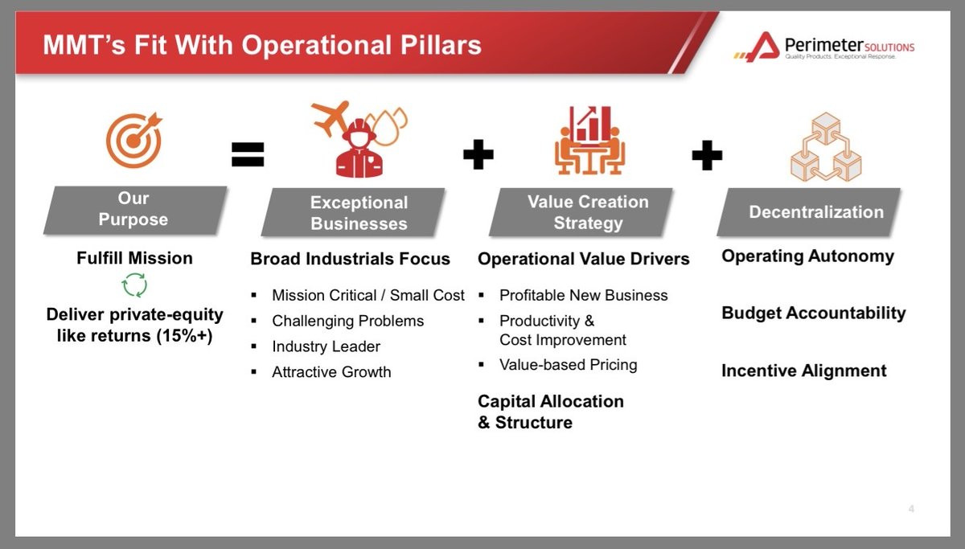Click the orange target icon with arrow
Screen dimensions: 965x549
click(x=134, y=140)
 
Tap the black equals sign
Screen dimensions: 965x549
click(x=248, y=154)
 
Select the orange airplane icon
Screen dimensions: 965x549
click(x=331, y=118)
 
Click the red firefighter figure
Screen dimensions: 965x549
click(x=359, y=149)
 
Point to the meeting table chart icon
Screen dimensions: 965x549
click(x=589, y=141)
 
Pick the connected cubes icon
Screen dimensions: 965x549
click(x=826, y=147)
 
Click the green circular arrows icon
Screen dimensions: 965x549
click(x=134, y=285)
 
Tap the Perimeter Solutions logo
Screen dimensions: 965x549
click(x=823, y=47)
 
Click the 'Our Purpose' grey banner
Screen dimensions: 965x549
click(x=135, y=210)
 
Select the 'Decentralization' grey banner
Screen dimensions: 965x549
click(x=809, y=212)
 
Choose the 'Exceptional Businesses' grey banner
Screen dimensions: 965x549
click(x=353, y=212)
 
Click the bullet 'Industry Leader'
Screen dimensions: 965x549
click(x=326, y=346)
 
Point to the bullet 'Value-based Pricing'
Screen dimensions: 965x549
click(x=569, y=365)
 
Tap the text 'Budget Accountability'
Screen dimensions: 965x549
click(x=813, y=313)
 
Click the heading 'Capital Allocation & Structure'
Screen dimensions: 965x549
click(x=551, y=412)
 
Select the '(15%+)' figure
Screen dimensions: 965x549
click(x=184, y=336)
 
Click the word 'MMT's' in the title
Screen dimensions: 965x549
click(x=84, y=45)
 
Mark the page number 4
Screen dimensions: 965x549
click(x=911, y=509)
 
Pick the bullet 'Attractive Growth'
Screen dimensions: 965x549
click(x=331, y=371)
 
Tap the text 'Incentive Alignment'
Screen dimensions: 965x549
click(x=804, y=371)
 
